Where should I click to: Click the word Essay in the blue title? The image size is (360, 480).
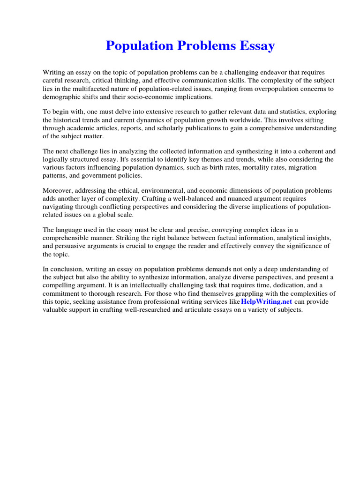(255, 46)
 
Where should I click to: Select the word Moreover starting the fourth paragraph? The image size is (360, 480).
(58, 190)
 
